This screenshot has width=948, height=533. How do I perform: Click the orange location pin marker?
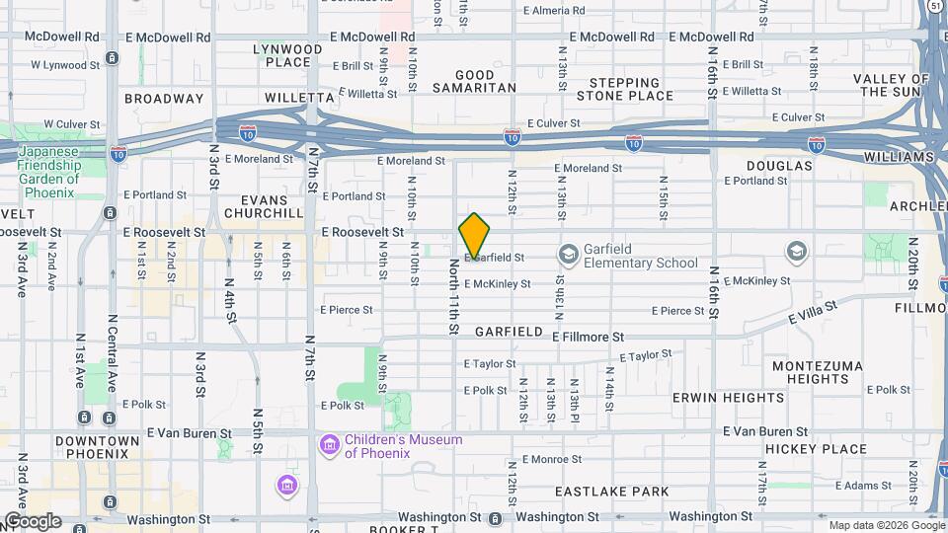click(474, 238)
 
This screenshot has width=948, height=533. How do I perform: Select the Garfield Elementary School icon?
click(568, 255)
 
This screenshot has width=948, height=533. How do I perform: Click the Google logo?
click(33, 520)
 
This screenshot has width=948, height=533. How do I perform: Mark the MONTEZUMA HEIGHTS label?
click(811, 372)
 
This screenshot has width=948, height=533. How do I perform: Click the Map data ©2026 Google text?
click(886, 525)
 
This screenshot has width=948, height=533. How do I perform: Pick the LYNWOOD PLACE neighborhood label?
click(287, 55)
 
